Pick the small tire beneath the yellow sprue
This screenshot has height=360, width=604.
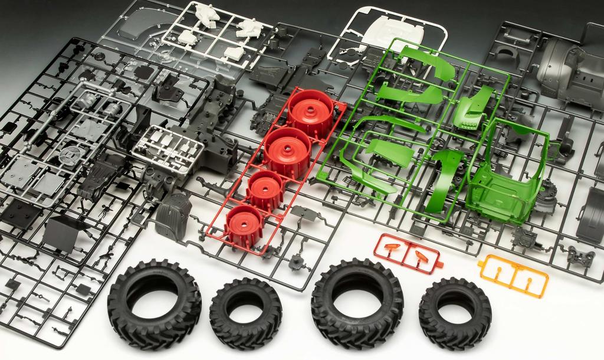click(x=455, y=313)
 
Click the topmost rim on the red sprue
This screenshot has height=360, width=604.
click(x=310, y=113)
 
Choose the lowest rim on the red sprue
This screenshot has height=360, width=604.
click(x=243, y=225)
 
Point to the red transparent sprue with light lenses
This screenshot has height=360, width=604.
click(x=408, y=254)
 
